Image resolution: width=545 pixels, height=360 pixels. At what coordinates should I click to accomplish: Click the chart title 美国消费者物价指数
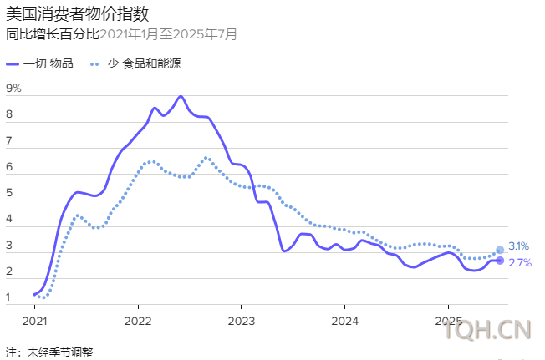(66, 14)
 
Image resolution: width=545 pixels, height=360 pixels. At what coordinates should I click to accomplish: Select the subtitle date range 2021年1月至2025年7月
(168, 34)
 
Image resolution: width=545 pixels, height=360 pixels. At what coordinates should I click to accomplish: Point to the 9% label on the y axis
(13, 89)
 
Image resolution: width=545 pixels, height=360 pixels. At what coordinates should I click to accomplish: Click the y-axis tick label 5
(9, 194)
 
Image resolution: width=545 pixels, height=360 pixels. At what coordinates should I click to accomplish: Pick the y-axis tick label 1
(9, 297)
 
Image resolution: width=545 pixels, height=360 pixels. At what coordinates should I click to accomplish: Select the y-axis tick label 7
(9, 141)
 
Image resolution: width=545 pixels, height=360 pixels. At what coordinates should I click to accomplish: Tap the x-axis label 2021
(34, 321)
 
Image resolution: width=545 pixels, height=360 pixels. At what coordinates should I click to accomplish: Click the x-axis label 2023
(241, 321)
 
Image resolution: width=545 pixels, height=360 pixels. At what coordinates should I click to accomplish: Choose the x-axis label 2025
(448, 321)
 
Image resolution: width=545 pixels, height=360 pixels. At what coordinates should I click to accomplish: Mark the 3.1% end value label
(518, 246)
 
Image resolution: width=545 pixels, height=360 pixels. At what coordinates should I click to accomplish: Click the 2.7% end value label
(518, 263)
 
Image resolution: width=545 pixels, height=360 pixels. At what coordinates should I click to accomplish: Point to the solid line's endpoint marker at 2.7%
(500, 261)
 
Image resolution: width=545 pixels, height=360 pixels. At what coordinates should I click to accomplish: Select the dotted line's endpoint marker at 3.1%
(500, 250)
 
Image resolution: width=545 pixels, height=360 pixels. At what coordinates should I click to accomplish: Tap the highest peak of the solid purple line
(181, 96)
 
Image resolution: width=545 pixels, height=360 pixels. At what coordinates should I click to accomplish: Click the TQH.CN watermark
(488, 332)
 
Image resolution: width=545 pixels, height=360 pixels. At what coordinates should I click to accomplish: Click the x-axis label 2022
(137, 321)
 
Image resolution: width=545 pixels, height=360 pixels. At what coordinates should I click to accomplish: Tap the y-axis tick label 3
(9, 246)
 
